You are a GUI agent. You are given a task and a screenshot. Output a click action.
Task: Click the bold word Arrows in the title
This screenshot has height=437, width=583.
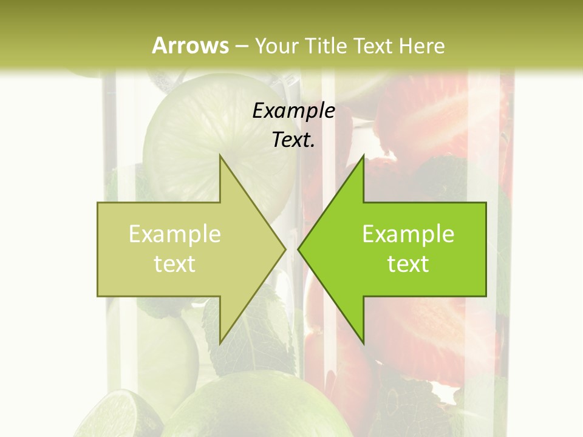click(190, 46)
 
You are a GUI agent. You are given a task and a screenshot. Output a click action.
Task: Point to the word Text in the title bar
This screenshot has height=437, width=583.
click(374, 46)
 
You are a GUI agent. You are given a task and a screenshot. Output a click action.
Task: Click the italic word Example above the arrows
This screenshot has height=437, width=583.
click(293, 110)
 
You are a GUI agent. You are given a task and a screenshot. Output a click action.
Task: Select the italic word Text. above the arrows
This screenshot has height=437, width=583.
click(293, 140)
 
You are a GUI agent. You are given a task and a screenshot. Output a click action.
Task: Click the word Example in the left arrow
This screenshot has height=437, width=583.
click(175, 234)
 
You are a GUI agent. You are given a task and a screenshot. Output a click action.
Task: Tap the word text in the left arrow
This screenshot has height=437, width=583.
click(175, 263)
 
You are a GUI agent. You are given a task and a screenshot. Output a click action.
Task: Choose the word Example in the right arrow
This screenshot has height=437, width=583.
click(408, 234)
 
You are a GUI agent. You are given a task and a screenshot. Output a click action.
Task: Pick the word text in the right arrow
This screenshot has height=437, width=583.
click(408, 263)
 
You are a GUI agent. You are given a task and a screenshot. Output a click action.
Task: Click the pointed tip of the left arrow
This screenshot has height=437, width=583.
click(284, 249)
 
